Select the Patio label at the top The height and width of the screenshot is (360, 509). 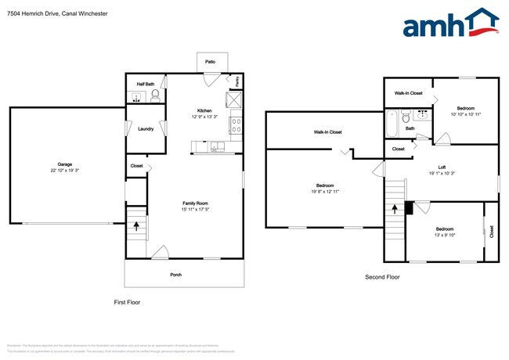click(210, 61)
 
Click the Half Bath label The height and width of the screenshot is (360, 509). click(146, 84)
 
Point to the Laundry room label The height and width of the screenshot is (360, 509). click(146, 129)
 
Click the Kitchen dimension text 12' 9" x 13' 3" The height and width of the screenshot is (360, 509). click(205, 117)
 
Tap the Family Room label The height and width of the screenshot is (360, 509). click(195, 203)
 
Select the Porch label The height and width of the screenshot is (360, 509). click(176, 275)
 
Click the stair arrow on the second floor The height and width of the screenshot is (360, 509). click(395, 212)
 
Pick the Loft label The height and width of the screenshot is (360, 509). click(442, 167)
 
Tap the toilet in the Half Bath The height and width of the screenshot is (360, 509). click(155, 95)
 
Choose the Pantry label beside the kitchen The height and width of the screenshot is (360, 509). click(237, 81)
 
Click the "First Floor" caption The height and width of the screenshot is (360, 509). click(127, 302)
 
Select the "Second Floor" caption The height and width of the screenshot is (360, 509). click(382, 277)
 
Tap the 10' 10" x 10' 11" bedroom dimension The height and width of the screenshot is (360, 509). click(466, 114)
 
